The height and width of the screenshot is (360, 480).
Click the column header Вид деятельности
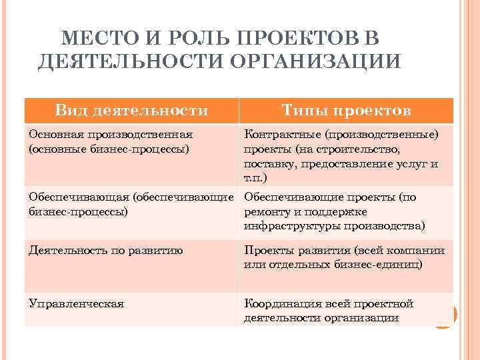(x=131, y=110)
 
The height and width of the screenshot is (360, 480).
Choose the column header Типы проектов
(x=346, y=110)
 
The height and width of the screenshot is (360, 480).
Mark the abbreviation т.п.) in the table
(x=255, y=178)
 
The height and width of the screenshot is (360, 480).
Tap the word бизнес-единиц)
(x=379, y=265)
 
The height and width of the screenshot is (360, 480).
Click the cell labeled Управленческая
(x=76, y=303)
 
